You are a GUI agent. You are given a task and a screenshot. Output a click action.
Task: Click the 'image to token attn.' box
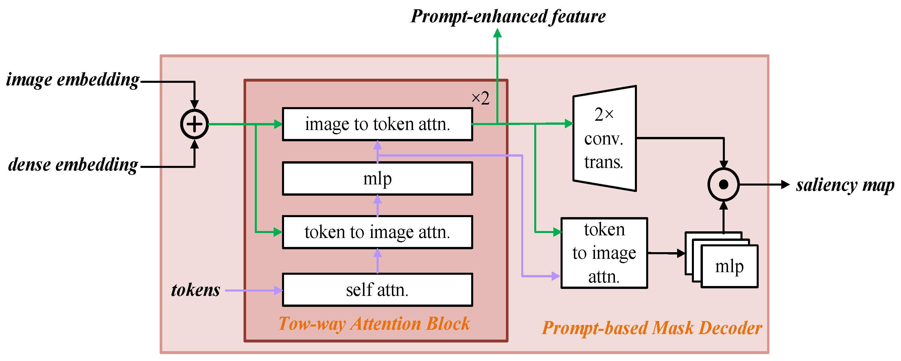[x=377, y=124]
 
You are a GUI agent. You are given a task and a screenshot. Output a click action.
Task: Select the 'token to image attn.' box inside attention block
[x=377, y=232]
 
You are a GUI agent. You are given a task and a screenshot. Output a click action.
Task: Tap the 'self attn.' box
[x=377, y=290]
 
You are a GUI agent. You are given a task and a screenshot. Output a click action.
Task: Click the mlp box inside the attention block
[x=377, y=179]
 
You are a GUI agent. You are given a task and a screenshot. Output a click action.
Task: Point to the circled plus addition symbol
[x=194, y=124]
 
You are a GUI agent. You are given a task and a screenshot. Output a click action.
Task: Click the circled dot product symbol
[x=723, y=184]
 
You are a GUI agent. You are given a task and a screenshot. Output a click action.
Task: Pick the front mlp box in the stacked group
[x=729, y=267]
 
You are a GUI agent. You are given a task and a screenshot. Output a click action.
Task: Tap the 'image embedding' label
[x=73, y=80]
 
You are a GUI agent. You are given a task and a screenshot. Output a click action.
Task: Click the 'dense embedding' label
[x=73, y=164]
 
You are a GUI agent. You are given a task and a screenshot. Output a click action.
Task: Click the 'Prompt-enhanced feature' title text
[x=508, y=17]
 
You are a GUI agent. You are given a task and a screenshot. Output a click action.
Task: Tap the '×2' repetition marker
[x=480, y=98]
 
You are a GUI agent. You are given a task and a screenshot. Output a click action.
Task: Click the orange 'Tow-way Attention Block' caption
[x=374, y=324]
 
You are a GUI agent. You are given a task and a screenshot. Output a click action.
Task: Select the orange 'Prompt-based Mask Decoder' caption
[x=652, y=328]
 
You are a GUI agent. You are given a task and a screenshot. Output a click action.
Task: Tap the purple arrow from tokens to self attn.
[x=254, y=290]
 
